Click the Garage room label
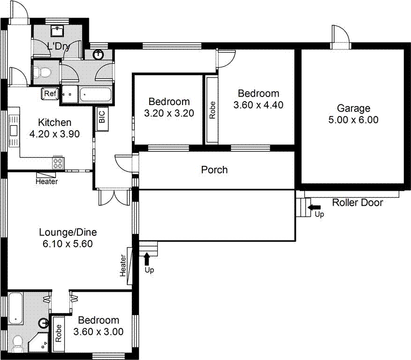pos(353,108)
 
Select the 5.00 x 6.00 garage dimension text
pos(353,120)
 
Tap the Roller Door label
pos(358,203)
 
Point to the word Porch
pos(214,170)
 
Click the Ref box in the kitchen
pos(50,94)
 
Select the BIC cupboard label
pos(102,118)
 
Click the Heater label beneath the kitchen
pos(46,181)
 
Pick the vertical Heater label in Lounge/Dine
pos(123,265)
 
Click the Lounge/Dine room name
pos(68,232)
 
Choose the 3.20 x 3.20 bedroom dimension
pos(169,113)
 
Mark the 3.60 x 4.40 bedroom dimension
pos(258,105)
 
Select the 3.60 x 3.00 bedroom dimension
pos(99,332)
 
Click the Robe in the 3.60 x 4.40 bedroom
pos(212,109)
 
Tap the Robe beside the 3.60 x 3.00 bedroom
pos(59,333)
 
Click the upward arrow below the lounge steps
pos(148,258)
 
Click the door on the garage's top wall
pos(340,37)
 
